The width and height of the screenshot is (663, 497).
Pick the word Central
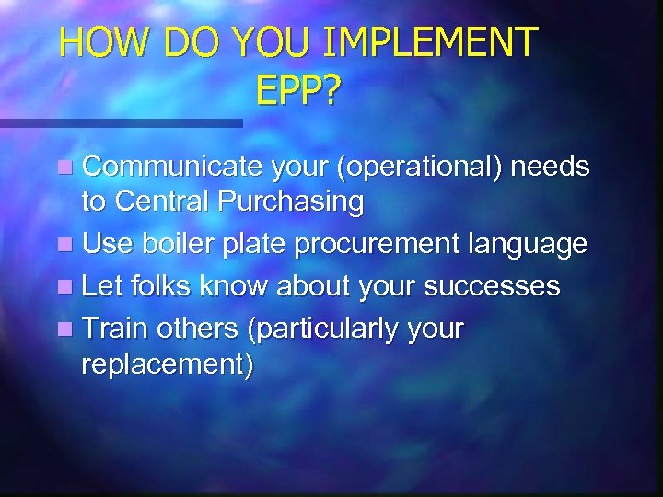click(x=167, y=201)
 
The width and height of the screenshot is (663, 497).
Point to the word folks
click(x=159, y=285)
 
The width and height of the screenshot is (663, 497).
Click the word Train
click(x=115, y=327)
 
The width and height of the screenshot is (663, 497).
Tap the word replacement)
click(x=167, y=364)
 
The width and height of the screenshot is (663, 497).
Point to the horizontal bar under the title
click(x=120, y=121)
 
